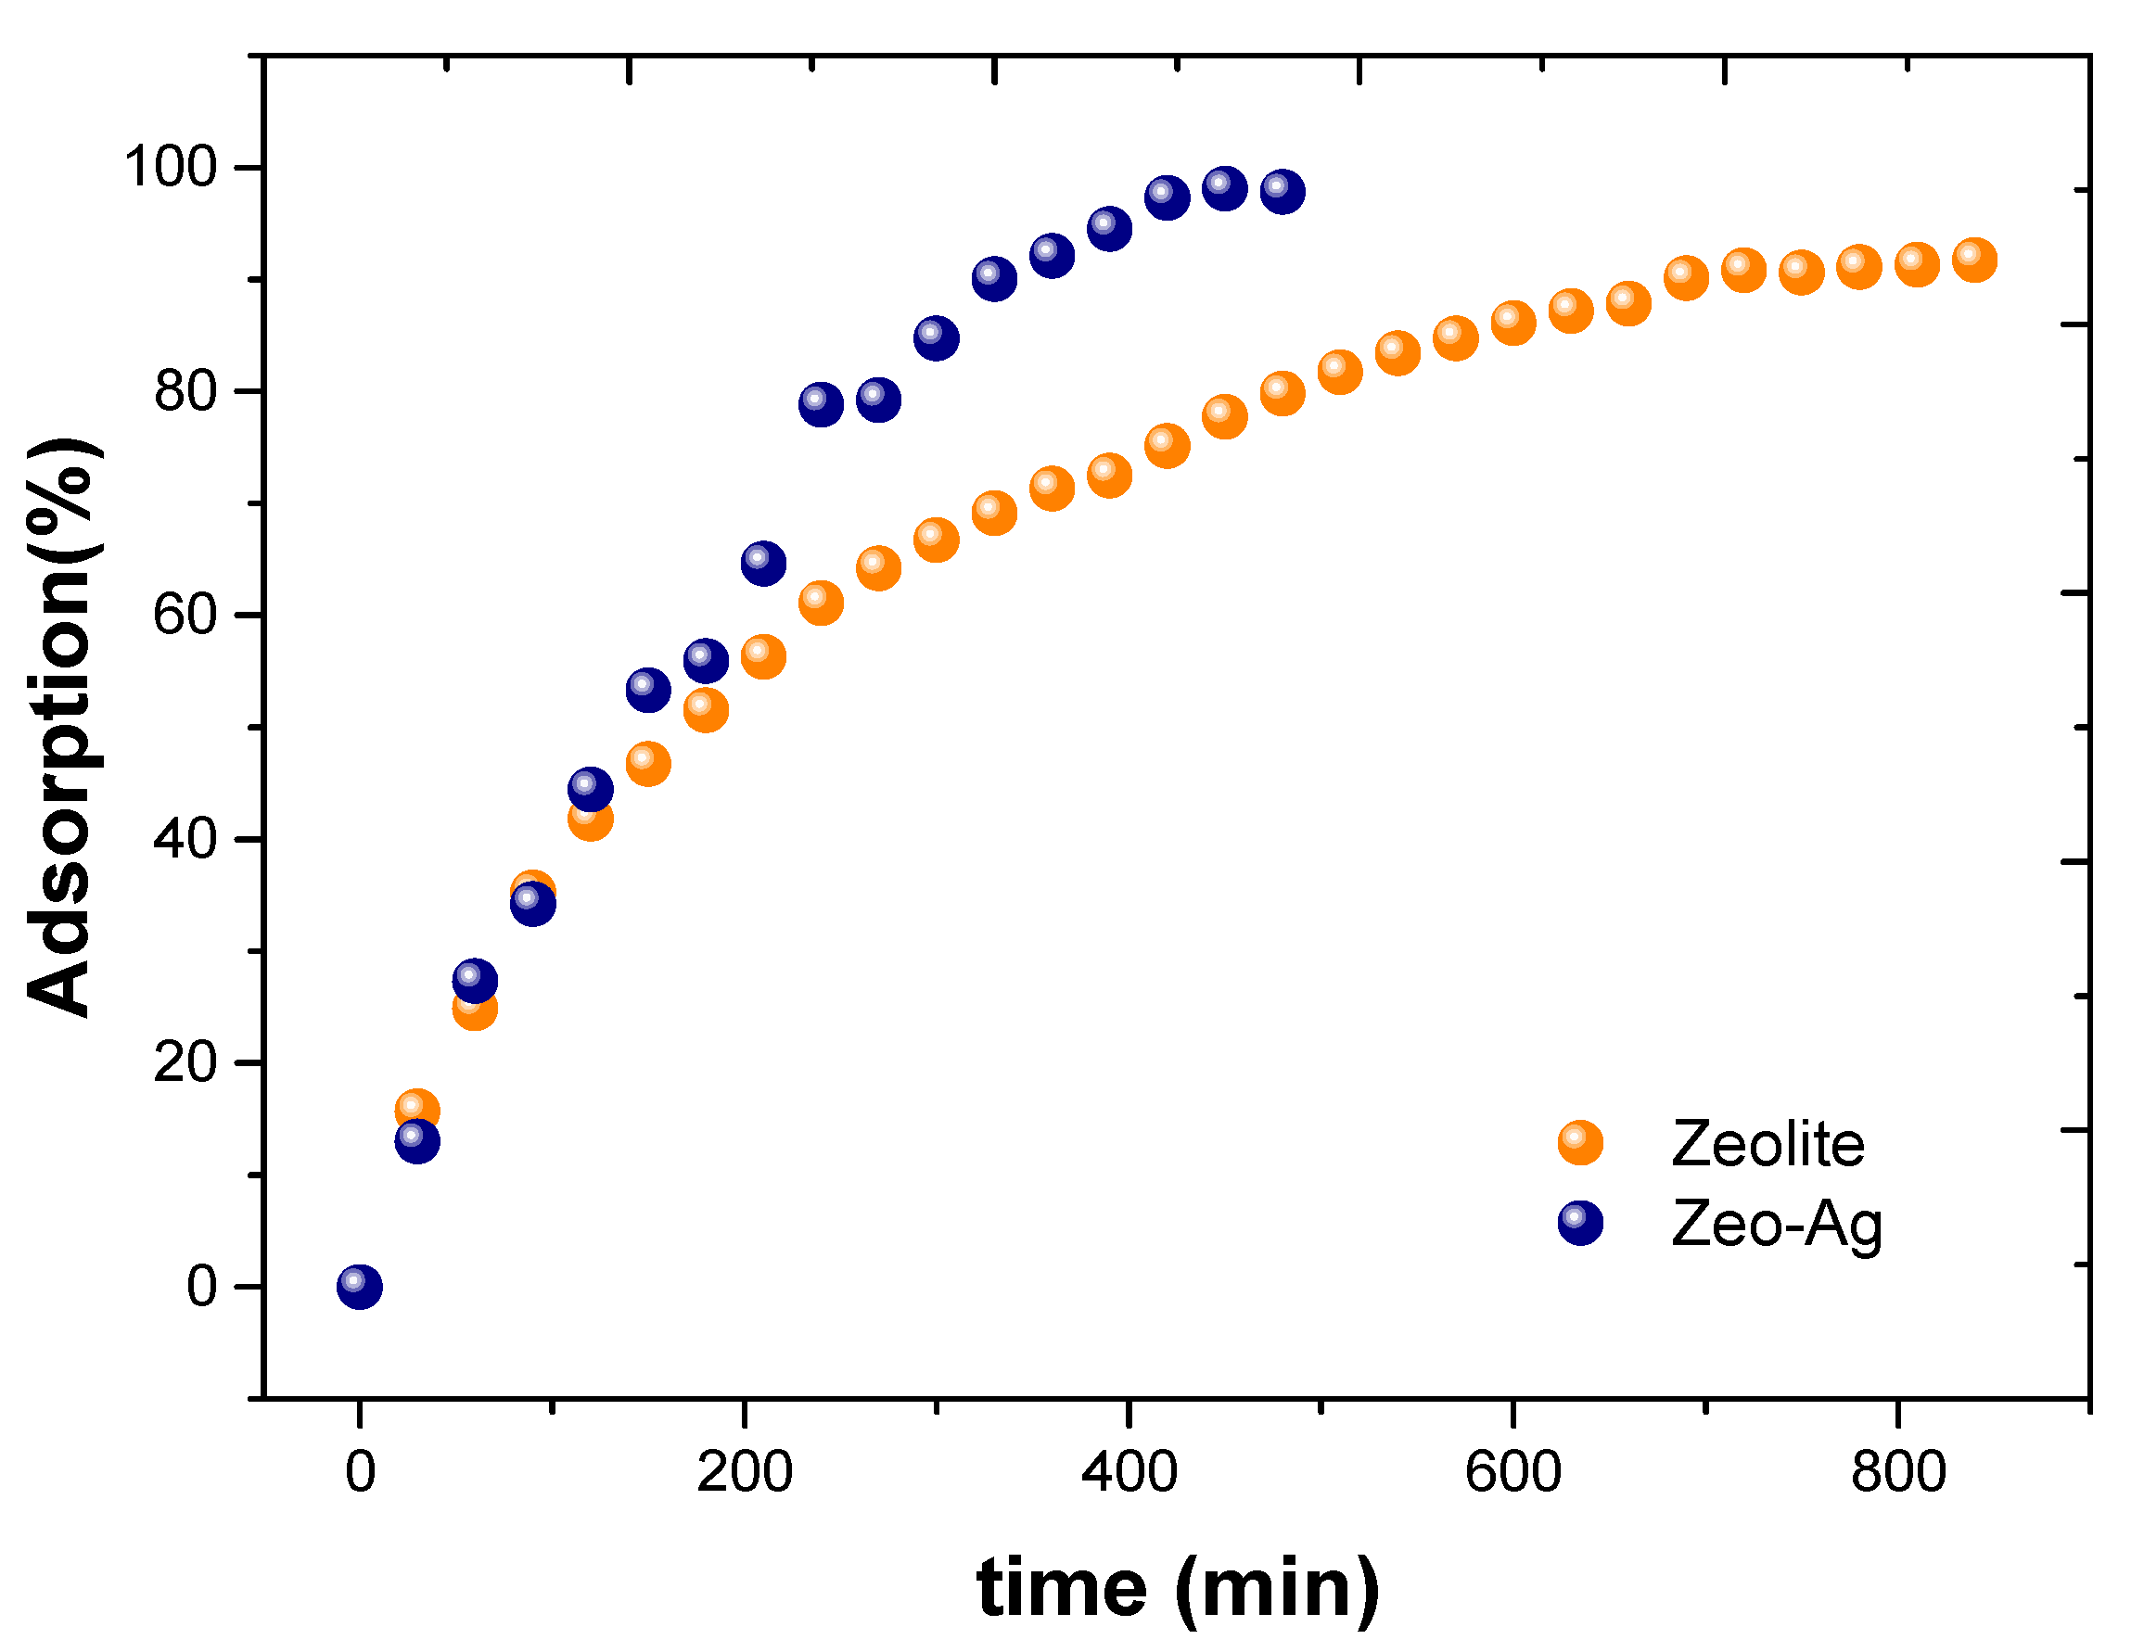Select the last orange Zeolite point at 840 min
[1974, 260]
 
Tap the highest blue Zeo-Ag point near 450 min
[1224, 187]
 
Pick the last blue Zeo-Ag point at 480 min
[1283, 190]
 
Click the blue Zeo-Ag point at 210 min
[763, 563]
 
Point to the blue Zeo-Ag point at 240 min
[821, 403]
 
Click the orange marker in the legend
[1579, 1142]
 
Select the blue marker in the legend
[1579, 1222]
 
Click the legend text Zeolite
[1767, 1144]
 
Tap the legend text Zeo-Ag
[1776, 1224]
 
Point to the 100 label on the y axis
[170, 166]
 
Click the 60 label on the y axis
[185, 615]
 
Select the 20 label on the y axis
[185, 1062]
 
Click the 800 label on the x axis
[1897, 1472]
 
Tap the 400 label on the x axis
[1129, 1472]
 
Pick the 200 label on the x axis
[744, 1472]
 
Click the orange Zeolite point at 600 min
[1512, 322]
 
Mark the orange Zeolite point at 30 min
[416, 1111]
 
